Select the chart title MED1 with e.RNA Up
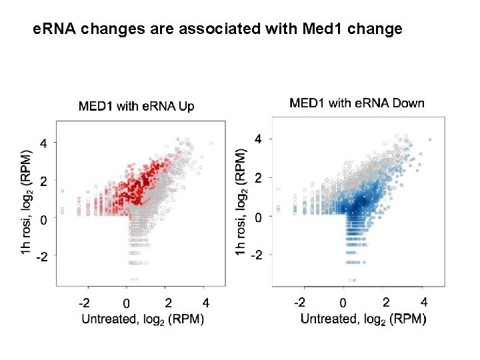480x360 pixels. pyautogui.click(x=137, y=106)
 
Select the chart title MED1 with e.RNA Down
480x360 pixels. pyautogui.click(x=357, y=103)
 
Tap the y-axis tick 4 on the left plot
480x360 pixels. pyautogui.click(x=45, y=143)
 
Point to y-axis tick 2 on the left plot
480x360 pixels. pyautogui.click(x=45, y=181)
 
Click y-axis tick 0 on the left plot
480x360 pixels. pyautogui.click(x=45, y=219)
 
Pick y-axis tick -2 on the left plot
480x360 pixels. pyautogui.click(x=42, y=256)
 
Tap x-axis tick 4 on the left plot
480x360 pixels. pyautogui.click(x=207, y=303)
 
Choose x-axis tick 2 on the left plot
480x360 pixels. pyautogui.click(x=168, y=303)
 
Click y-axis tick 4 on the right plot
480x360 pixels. pyautogui.click(x=260, y=139)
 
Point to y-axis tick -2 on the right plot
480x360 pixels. pyautogui.click(x=257, y=255)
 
